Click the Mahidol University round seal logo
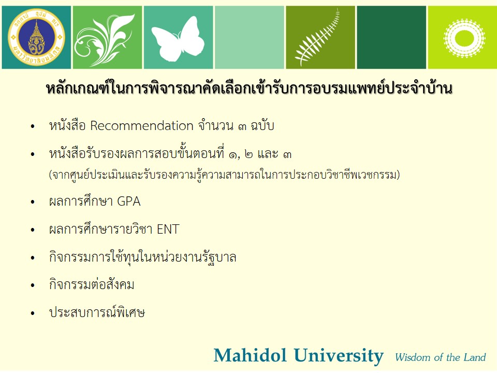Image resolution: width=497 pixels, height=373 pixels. pos(36,37)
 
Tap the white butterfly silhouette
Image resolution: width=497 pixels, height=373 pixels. pos(178,39)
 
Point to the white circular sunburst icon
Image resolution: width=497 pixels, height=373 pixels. pos(464,38)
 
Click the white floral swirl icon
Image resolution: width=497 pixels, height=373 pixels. pos(105,39)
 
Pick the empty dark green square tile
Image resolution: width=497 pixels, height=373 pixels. pos(391,37)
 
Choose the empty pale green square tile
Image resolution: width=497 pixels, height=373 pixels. pos(250,37)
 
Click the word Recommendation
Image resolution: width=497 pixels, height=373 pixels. pos(142,126)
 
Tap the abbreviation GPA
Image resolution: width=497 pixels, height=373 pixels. pos(129,202)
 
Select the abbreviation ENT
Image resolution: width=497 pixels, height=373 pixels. pos(168,229)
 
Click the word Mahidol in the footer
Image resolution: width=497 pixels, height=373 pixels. pos(250,355)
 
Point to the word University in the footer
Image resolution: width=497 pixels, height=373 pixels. pos(339,356)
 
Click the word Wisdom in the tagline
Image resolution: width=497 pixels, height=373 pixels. pos(413,357)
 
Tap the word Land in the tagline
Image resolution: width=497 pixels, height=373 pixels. pos(475,357)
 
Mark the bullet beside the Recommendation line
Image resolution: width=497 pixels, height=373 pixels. pos(33,126)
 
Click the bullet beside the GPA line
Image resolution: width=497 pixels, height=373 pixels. pos(33,202)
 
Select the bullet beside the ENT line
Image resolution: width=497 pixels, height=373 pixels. pos(33,229)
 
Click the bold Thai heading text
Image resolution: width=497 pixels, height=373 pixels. pos(249,88)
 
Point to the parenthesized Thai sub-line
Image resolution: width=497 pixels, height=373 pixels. pos(224,175)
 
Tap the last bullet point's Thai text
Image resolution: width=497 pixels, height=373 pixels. pos(97,312)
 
